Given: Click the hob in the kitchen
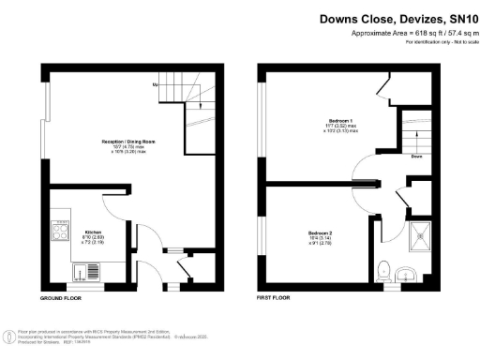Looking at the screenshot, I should pos(65,231).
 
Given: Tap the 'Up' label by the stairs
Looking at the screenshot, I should pos(155,85).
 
